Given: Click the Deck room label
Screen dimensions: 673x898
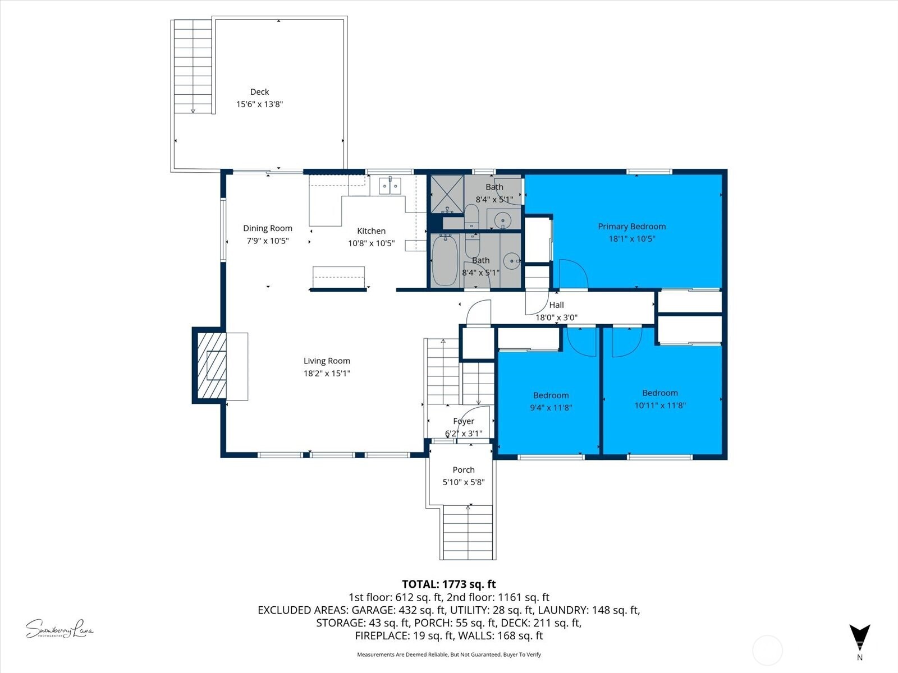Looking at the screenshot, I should pos(259,92).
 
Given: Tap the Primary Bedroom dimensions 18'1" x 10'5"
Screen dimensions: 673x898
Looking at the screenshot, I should pos(632,239).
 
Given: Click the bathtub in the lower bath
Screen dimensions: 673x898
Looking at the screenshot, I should pos(445,261).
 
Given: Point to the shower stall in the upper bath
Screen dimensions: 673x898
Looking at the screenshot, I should pos(447,193).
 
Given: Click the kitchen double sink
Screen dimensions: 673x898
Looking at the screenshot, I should pos(390,185).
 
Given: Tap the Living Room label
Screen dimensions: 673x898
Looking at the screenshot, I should pos(327,361).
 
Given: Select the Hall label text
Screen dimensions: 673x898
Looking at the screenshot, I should pos(556,305).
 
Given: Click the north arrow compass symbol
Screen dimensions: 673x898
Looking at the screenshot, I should pos(859,637).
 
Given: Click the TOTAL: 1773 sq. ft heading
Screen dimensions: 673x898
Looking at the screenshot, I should pos(448,584).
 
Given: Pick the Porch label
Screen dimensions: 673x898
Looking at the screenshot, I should pos(464,470).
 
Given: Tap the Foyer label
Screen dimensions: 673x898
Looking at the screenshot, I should pos(464,421).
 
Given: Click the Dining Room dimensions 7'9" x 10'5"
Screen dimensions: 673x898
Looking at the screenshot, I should pos(268,241).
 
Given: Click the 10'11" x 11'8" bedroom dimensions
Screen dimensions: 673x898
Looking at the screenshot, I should pos(660,405).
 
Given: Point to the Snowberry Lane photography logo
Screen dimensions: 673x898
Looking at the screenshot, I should pos(59,629).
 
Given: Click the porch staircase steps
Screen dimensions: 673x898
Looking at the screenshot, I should pos(468,532).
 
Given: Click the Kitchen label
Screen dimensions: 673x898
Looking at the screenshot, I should pos(371,231).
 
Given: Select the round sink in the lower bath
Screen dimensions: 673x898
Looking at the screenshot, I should pos(511,261).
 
